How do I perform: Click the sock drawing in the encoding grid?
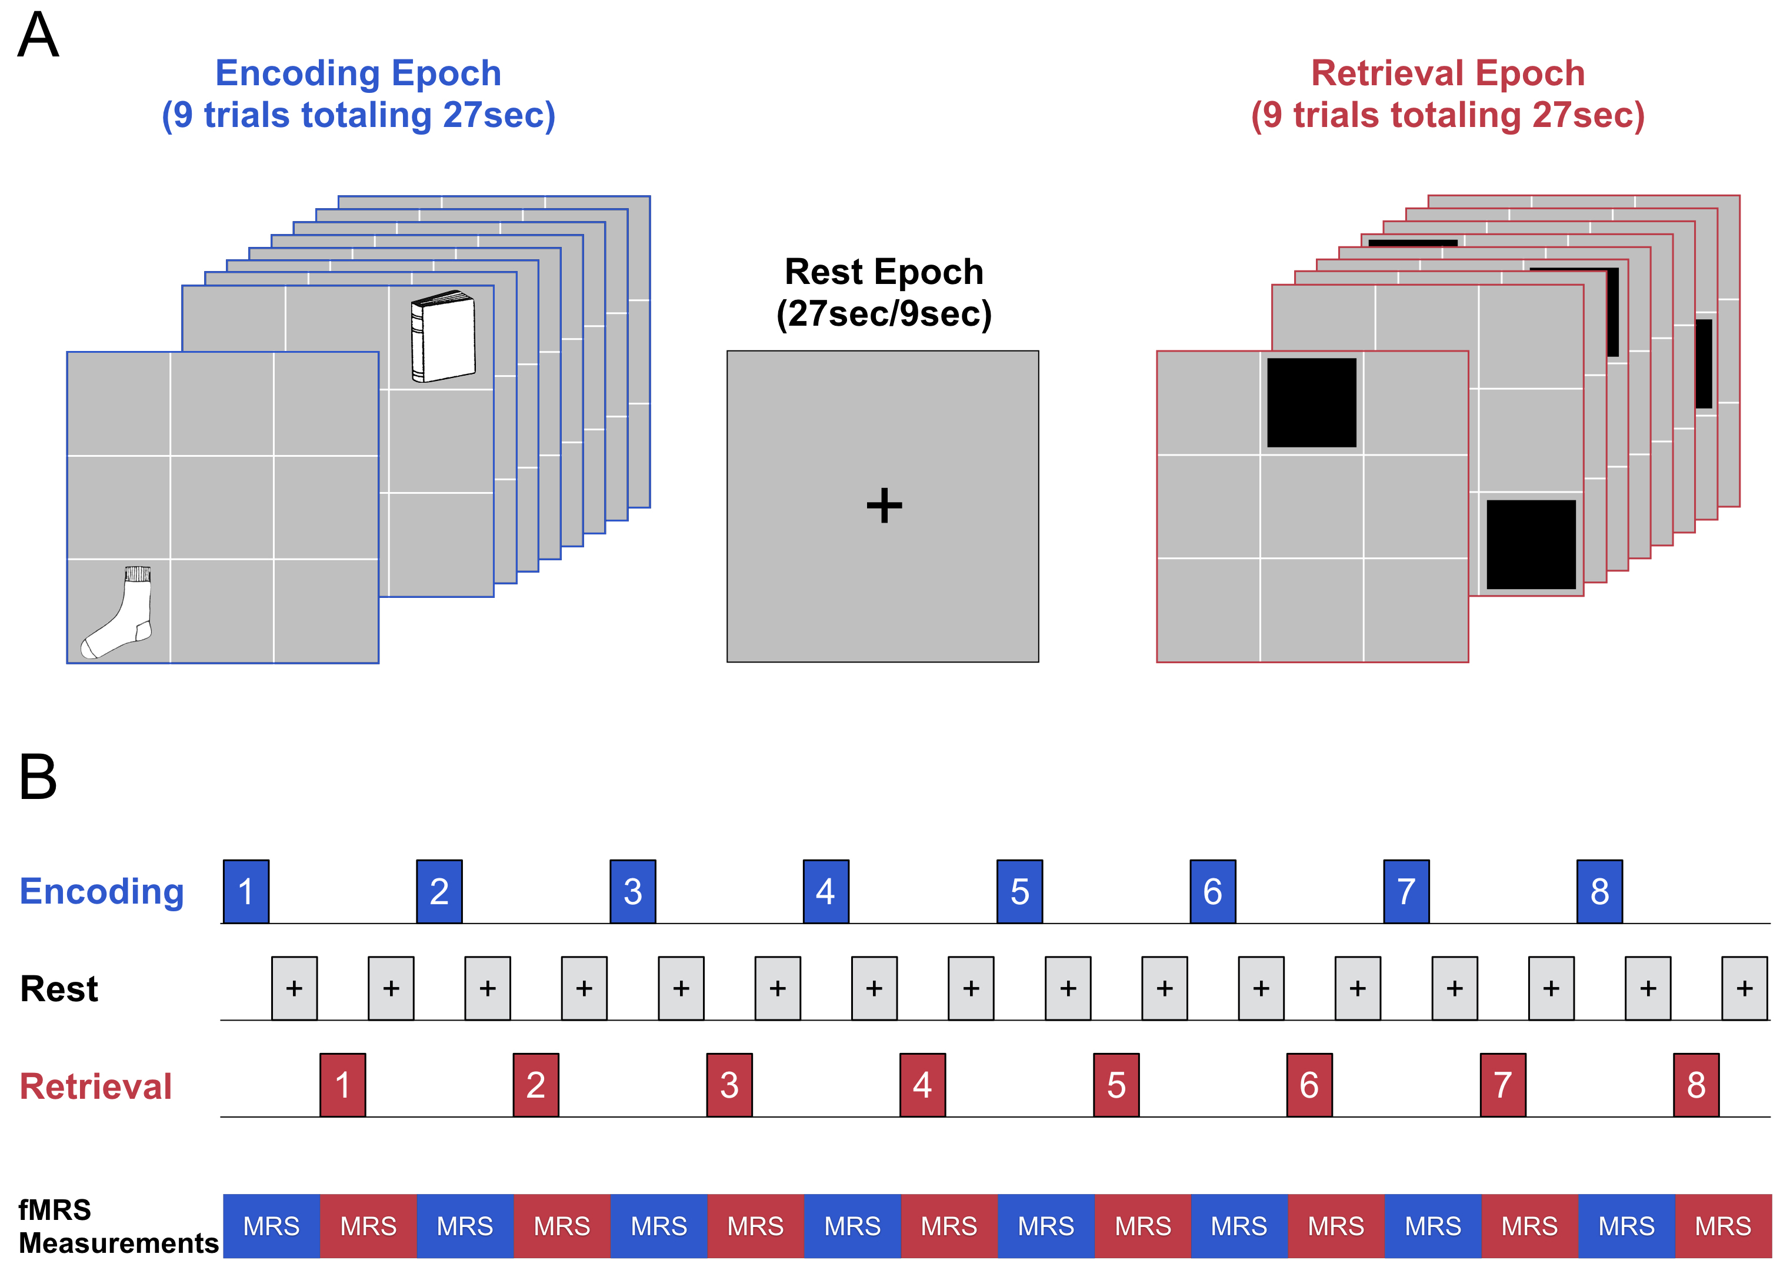click(118, 613)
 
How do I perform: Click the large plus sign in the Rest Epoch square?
click(884, 504)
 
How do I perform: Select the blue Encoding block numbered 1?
click(246, 891)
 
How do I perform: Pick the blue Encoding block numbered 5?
click(1019, 891)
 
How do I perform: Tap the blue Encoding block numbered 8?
click(1599, 891)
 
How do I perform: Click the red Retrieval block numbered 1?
click(342, 1085)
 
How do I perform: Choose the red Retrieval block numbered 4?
click(922, 1085)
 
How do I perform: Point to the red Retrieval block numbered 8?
click(1696, 1085)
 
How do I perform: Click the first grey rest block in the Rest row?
click(294, 988)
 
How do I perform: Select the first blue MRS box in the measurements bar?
click(272, 1226)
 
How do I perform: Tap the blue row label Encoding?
click(102, 892)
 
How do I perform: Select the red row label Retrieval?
click(96, 1086)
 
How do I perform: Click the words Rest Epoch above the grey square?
click(884, 272)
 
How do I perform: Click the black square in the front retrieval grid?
click(1311, 403)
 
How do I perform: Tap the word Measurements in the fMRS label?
click(118, 1243)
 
